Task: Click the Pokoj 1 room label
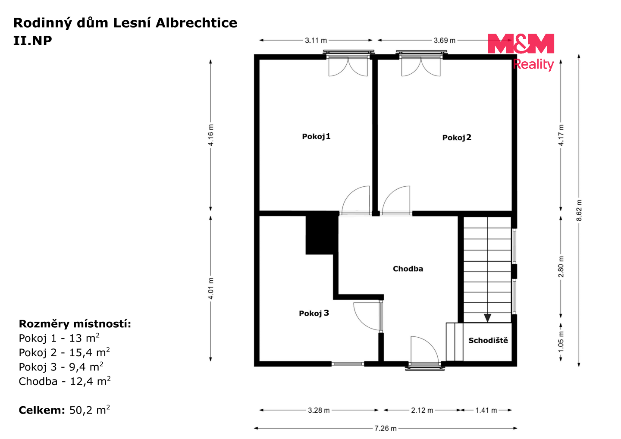[x=316, y=137]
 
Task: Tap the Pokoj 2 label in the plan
[x=457, y=138]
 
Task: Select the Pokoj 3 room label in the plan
[x=314, y=313]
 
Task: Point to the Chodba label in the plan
[x=408, y=269]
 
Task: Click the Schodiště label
[x=488, y=340]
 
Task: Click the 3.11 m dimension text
[x=316, y=41]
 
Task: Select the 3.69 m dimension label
[x=444, y=41]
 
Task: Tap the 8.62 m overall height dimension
[x=579, y=210]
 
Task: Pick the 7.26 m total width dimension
[x=386, y=429]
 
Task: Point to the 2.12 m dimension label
[x=422, y=411]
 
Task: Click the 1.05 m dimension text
[x=561, y=342]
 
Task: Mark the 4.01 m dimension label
[x=211, y=288]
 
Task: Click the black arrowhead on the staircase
[x=487, y=318]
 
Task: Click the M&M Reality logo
[x=521, y=52]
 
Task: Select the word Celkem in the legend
[x=41, y=410]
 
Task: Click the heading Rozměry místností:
[x=75, y=324]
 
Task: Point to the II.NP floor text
[x=33, y=41]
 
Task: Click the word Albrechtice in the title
[x=196, y=23]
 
